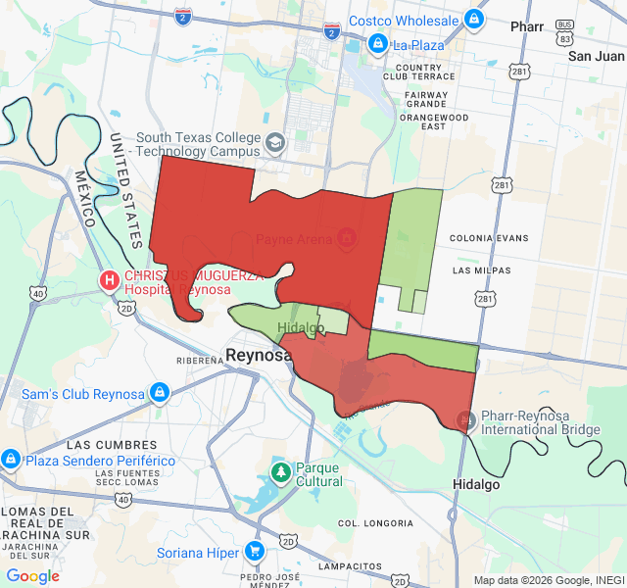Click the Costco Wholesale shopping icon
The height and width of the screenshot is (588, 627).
[x=473, y=19]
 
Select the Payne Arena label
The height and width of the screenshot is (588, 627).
[x=295, y=239]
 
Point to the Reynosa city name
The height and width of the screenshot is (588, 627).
[x=259, y=355]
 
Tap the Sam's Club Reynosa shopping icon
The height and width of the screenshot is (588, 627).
[x=160, y=394]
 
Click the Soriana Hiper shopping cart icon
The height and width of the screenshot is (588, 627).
[x=255, y=553]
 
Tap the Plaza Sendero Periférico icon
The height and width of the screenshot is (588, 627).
[x=11, y=460]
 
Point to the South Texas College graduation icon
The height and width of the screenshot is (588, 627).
[x=275, y=143]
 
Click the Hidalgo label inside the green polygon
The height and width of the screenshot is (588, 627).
[x=301, y=327]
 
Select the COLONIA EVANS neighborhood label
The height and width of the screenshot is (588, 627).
[x=489, y=238]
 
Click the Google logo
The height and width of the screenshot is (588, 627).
[x=33, y=576]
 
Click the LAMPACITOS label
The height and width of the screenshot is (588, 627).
[x=347, y=566]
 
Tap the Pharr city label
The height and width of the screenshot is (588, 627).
[x=527, y=26]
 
